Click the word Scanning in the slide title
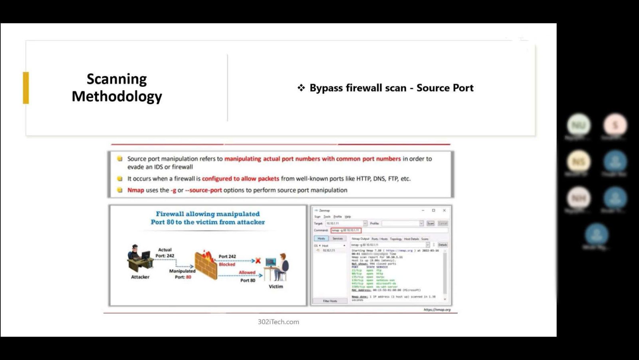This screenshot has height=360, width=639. (x=117, y=79)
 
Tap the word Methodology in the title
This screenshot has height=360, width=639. (x=117, y=96)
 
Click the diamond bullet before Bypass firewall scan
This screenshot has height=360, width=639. (x=301, y=88)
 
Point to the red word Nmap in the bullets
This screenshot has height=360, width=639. (x=135, y=190)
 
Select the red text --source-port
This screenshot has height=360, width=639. (x=203, y=190)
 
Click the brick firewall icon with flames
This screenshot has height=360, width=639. (x=206, y=265)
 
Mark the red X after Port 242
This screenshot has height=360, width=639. (x=258, y=261)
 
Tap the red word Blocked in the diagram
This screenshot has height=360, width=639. (x=227, y=265)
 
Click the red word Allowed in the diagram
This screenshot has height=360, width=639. (x=247, y=272)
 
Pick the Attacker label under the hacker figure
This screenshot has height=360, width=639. (x=140, y=277)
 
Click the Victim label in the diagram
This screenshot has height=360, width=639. (x=276, y=286)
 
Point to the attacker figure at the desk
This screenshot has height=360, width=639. (x=139, y=258)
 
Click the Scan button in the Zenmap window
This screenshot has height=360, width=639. (x=431, y=223)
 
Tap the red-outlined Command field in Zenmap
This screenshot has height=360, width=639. (x=346, y=231)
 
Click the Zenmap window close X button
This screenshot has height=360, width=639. (x=444, y=211)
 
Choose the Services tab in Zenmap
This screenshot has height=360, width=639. (x=337, y=239)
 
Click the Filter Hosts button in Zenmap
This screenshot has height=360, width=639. (x=330, y=301)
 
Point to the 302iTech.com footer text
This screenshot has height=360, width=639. (x=278, y=322)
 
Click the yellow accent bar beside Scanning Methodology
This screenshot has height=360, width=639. (x=26, y=88)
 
